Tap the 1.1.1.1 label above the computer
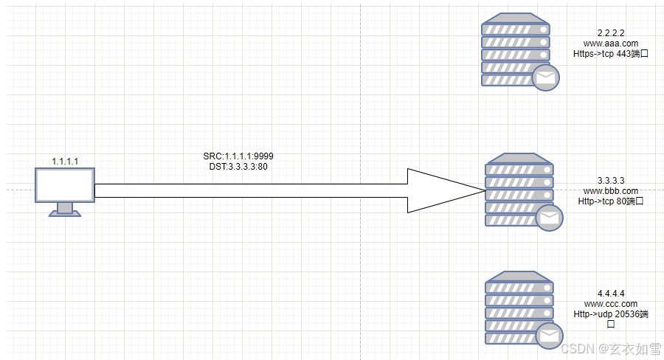(x=65, y=161)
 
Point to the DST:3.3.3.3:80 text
(x=238, y=167)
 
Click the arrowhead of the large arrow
(x=443, y=191)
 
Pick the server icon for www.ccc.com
(x=519, y=308)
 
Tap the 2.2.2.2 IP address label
(x=611, y=33)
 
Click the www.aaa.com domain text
(x=611, y=44)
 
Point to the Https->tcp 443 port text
(x=611, y=54)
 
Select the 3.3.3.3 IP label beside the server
(x=611, y=181)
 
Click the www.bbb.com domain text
(x=611, y=191)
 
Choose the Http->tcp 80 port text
(x=611, y=201)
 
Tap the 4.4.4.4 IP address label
(x=611, y=293)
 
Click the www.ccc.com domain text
(x=611, y=303)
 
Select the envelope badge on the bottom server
(x=548, y=336)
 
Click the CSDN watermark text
(x=609, y=347)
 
